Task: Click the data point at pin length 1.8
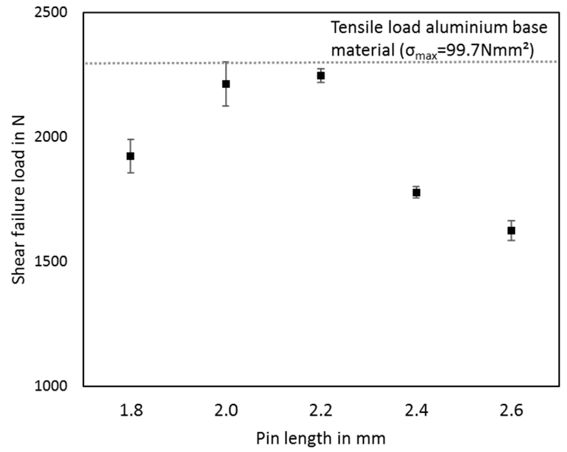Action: coord(130,156)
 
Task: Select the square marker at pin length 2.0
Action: coord(226,84)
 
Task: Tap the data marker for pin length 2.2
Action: coord(321,76)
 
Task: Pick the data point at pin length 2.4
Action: coord(416,192)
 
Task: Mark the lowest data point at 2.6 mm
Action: coord(511,230)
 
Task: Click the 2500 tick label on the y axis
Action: coord(51,13)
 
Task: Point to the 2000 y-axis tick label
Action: coord(51,137)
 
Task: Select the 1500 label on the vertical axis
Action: coord(51,261)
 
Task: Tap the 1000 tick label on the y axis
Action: coord(51,386)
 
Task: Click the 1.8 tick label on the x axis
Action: coord(131,410)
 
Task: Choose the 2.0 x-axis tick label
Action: coord(226,410)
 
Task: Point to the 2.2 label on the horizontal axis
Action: coord(321,410)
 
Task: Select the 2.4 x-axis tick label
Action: coord(416,410)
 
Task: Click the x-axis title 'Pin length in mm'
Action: coord(321,438)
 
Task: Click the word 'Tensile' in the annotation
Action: coord(355,27)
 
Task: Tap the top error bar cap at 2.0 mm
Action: coord(226,62)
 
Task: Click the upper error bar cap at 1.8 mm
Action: coord(131,139)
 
